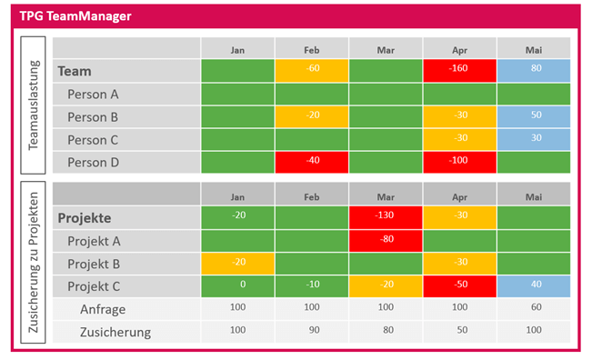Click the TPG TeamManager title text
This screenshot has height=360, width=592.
point(75,16)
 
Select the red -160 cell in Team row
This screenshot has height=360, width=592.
point(459,70)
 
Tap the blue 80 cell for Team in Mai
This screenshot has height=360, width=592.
point(533,70)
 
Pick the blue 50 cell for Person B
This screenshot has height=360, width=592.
point(533,116)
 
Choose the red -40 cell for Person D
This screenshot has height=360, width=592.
point(312,162)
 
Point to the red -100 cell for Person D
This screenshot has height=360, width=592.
point(459,162)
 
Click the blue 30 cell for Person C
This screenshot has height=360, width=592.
point(533,139)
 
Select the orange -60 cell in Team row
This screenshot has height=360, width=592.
point(312,70)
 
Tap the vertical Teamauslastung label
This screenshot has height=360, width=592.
point(34,105)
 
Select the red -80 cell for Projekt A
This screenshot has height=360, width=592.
point(386,241)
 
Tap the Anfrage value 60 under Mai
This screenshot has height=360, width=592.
point(533,309)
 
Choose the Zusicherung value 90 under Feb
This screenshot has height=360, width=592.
point(312,331)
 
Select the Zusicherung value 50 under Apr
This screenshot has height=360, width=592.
point(459,331)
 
